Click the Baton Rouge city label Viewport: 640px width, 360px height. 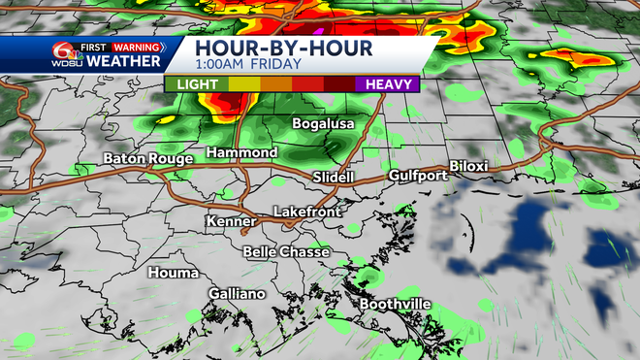146,158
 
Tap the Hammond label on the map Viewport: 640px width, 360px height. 242,153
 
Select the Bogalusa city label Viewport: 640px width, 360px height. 324,124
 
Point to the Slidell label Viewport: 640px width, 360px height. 336,178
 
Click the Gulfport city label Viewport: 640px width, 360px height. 418,176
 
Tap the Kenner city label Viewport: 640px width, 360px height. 231,222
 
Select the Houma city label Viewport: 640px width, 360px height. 173,273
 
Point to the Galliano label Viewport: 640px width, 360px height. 236,294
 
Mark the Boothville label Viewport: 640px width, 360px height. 396,305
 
